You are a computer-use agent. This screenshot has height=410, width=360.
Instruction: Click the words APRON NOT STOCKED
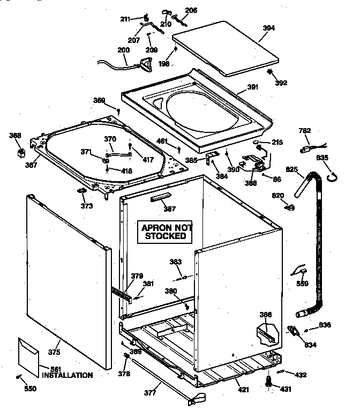click(166, 232)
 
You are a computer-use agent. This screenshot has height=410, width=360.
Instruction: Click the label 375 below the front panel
click(54, 352)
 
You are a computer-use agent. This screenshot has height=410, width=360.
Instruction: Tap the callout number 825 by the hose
click(291, 169)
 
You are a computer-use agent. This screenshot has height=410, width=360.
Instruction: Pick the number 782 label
click(305, 130)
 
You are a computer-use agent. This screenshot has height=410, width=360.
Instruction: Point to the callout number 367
click(31, 165)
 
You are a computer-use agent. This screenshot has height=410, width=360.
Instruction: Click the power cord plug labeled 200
click(144, 65)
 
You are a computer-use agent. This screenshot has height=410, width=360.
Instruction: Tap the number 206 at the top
click(191, 11)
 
